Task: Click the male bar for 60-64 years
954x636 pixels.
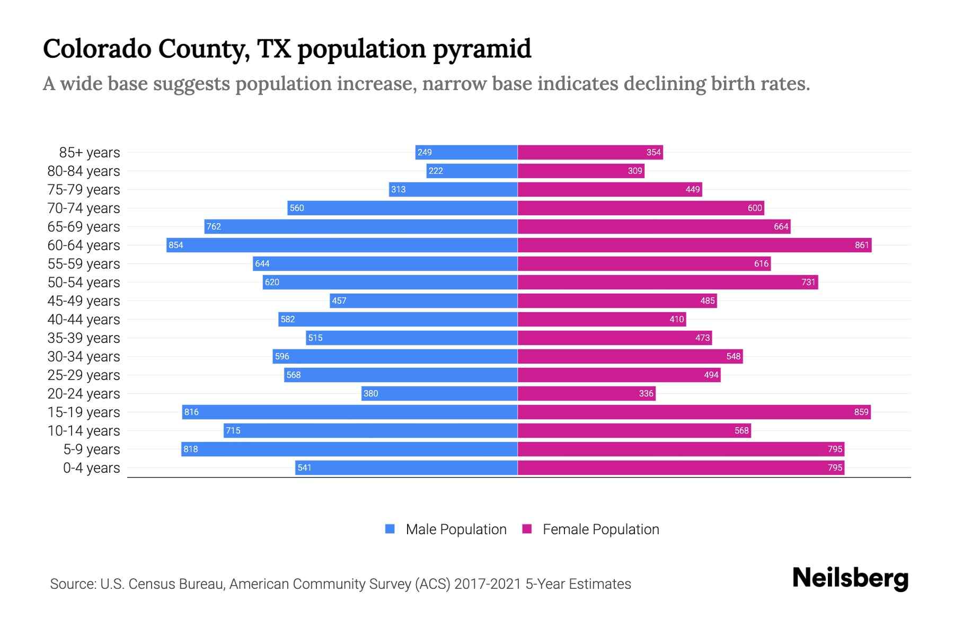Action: [342, 245]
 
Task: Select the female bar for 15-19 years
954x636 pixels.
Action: [694, 412]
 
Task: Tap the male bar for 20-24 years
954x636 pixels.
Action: [440, 393]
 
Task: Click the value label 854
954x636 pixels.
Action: [176, 245]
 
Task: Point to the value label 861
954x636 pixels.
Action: [862, 245]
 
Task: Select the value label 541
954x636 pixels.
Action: [305, 467]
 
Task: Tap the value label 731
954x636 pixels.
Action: [808, 282]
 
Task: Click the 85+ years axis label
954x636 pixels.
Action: [90, 153]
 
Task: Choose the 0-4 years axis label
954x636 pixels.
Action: [92, 468]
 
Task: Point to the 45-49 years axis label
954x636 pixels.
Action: [84, 301]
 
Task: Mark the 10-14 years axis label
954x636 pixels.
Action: [84, 431]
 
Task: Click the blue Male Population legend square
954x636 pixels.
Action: [390, 529]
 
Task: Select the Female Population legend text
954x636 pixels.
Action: [600, 529]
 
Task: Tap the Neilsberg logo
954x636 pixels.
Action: [850, 578]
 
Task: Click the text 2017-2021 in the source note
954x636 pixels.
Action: [487, 584]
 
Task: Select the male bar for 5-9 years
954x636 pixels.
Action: [349, 449]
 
